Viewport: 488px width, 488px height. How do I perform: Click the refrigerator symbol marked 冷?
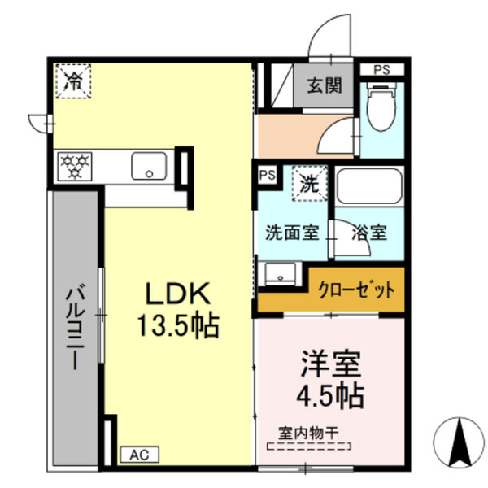tap(73, 81)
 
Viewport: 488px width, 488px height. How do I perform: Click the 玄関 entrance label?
tap(323, 84)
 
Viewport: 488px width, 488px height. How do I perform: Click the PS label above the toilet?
tap(381, 70)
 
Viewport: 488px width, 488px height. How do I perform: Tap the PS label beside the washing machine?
tap(266, 174)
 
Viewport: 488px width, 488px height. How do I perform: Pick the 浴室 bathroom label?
tap(369, 232)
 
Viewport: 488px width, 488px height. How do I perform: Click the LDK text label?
tap(177, 294)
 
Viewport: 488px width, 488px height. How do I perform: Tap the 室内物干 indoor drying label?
tap(307, 434)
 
